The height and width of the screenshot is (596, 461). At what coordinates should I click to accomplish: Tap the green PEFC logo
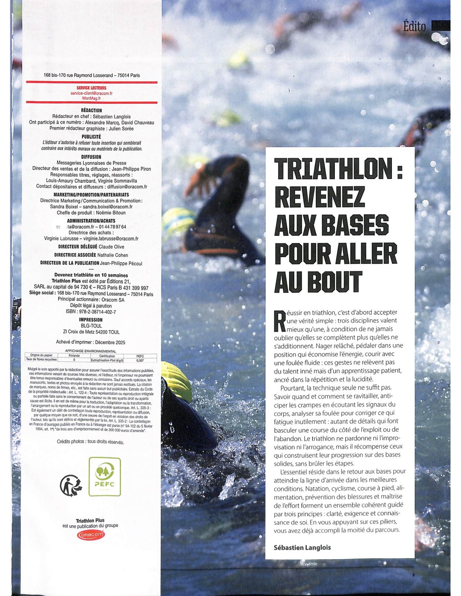(x=105, y=477)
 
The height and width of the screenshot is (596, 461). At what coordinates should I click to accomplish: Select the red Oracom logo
(x=91, y=535)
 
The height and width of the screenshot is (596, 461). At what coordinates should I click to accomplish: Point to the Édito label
(x=414, y=26)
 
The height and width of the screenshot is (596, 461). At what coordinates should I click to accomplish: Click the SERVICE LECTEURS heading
(x=91, y=88)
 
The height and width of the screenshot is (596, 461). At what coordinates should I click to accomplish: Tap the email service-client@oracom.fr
(x=91, y=93)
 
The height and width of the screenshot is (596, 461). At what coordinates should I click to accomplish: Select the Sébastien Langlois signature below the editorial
(x=302, y=547)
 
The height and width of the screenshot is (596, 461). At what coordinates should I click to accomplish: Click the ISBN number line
(x=91, y=312)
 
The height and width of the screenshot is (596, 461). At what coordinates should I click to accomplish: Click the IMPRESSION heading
(x=91, y=320)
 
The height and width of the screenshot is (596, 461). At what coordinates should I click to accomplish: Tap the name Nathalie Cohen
(x=112, y=255)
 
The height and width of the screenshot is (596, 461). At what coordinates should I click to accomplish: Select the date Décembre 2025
(x=110, y=342)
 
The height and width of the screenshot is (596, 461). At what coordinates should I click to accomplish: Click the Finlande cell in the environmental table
(x=74, y=355)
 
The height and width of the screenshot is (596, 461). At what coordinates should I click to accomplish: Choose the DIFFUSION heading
(x=91, y=157)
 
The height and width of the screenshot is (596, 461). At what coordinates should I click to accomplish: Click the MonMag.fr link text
(x=91, y=98)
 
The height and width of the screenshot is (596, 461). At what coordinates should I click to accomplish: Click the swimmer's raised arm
(x=218, y=172)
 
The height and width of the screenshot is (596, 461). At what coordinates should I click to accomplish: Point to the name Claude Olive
(x=111, y=247)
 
